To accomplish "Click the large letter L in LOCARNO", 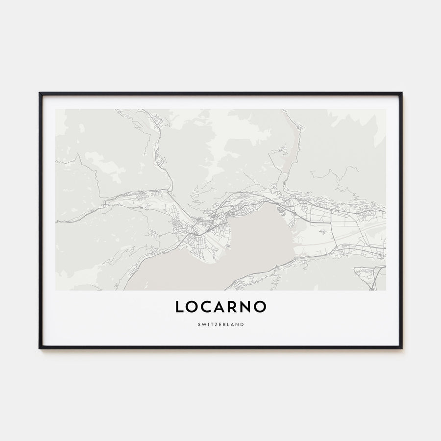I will pos(180,307).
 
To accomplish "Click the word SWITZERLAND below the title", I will pos(220,324).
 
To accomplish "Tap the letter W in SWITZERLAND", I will pos(204,324).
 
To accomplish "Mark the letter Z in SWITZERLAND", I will pos(216,324).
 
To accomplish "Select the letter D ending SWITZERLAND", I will pos(242,324).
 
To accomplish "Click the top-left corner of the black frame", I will pos(40,93).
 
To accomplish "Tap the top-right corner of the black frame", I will pos(401,93).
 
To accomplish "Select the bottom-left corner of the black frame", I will pos(40,348).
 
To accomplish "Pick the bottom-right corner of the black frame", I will pos(401,348).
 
